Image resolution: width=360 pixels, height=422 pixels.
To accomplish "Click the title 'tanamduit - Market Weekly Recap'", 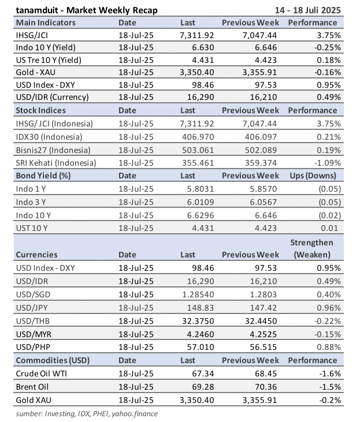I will pos(86,10).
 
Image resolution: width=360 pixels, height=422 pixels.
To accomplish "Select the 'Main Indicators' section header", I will pos(46,23).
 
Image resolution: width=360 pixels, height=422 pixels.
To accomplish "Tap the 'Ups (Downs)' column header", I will pos(312,175).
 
